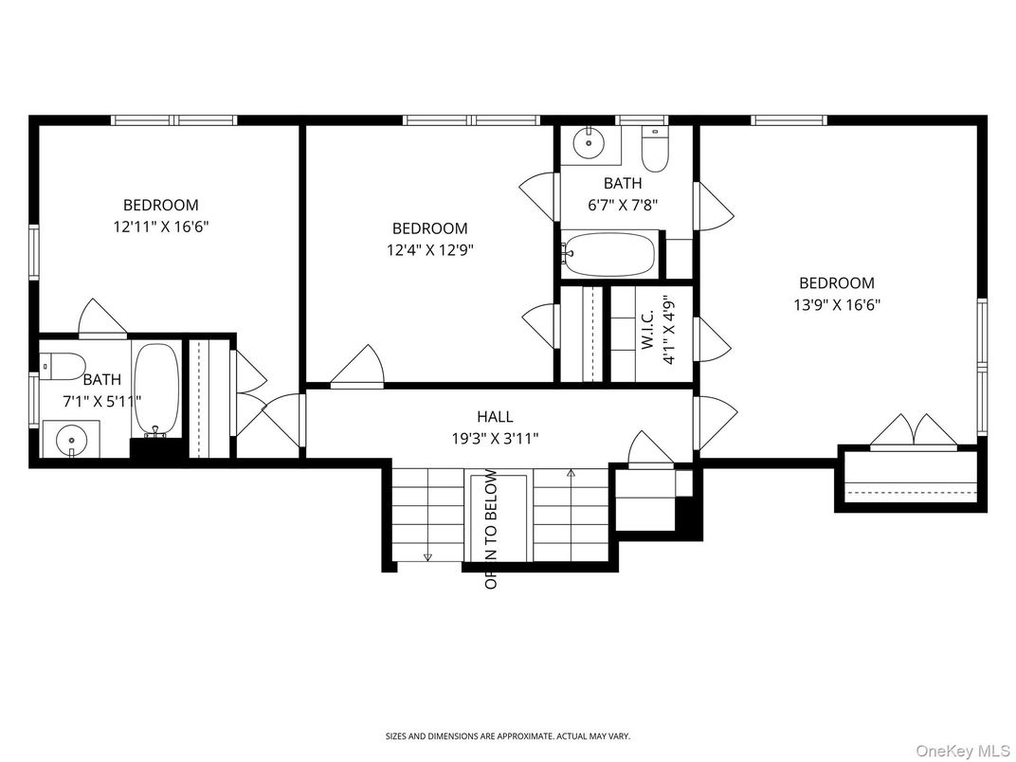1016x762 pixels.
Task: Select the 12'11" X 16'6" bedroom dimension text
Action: pyautogui.click(x=161, y=227)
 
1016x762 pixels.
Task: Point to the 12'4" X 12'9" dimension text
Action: pyautogui.click(x=430, y=250)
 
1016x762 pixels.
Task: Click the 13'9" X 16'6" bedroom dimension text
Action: pyautogui.click(x=837, y=305)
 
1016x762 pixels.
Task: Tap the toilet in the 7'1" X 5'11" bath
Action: pyautogui.click(x=60, y=364)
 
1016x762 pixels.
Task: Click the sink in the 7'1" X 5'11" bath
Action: pyautogui.click(x=70, y=440)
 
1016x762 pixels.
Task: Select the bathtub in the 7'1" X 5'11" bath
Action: pyautogui.click(x=156, y=390)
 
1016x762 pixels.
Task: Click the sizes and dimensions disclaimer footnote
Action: pyautogui.click(x=507, y=736)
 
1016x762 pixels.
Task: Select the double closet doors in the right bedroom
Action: pyautogui.click(x=915, y=431)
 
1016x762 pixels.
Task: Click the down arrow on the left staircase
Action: pyautogui.click(x=427, y=555)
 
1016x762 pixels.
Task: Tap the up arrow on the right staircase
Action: pyautogui.click(x=571, y=471)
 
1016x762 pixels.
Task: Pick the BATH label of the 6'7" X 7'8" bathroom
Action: pyautogui.click(x=623, y=183)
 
